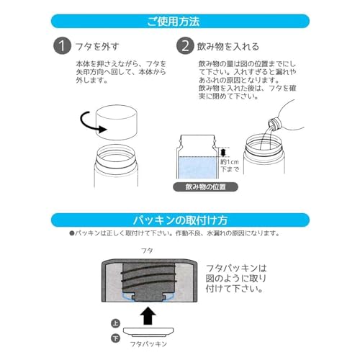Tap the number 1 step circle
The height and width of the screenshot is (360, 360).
point(65,47)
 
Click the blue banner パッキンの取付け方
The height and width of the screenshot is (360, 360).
point(180,220)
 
